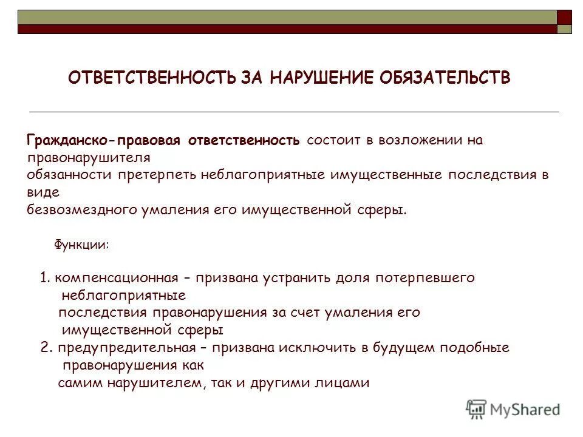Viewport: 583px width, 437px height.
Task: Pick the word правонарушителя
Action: (89, 158)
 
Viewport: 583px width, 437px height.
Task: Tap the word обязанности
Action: (69, 175)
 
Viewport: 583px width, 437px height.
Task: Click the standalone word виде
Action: (43, 192)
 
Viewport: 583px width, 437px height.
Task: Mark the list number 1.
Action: (44, 279)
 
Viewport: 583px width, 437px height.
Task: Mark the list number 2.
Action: (44, 348)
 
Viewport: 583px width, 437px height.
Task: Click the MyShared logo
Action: (513, 409)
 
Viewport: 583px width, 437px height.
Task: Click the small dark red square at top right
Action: (564, 16)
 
